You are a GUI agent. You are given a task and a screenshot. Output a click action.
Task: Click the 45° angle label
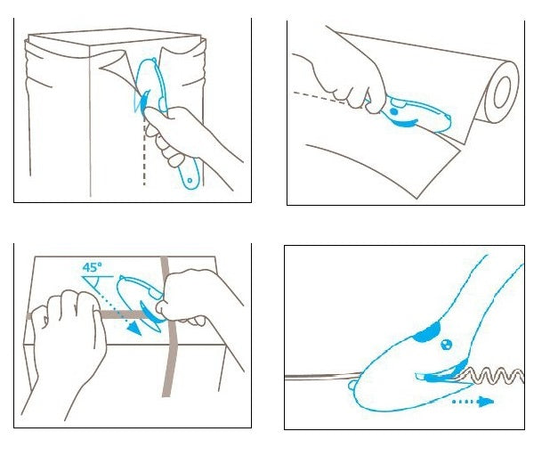[x=93, y=267]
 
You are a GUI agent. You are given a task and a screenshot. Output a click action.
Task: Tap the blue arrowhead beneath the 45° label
[x=134, y=330]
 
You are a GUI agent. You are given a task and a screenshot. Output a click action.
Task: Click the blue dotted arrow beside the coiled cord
[x=473, y=402]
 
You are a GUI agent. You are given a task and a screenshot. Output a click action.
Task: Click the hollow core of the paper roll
[x=502, y=92]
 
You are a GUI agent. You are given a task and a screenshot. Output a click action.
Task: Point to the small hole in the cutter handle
[x=190, y=181]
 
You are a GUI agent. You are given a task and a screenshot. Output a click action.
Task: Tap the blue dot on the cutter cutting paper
[x=394, y=111]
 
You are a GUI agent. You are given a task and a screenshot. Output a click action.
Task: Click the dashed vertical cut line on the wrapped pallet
[x=144, y=151]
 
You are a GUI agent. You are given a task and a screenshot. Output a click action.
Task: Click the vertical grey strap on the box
[x=169, y=327]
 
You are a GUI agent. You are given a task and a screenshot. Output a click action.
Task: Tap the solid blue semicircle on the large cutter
[x=427, y=332]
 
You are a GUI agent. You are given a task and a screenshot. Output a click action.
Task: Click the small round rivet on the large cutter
[x=446, y=345]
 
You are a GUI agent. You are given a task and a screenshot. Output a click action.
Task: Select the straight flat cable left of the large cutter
[x=323, y=377]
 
